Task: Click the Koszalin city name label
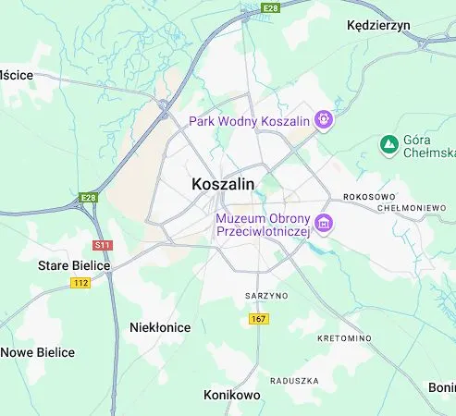[222, 184]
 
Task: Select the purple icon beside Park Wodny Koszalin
[323, 118]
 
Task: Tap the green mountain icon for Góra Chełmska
[388, 144]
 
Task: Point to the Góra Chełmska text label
[428, 145]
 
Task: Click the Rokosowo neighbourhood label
[369, 197]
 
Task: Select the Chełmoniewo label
[413, 208]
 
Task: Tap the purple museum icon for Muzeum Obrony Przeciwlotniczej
[323, 223]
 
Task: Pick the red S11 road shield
[102, 245]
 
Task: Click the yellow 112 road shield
[80, 283]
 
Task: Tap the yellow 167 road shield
[259, 319]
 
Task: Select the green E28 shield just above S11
[88, 198]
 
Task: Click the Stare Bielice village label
[73, 265]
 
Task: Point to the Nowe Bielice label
[38, 352]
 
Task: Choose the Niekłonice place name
[160, 327]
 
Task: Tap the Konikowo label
[231, 395]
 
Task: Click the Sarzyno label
[266, 296]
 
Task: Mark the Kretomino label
[344, 339]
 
